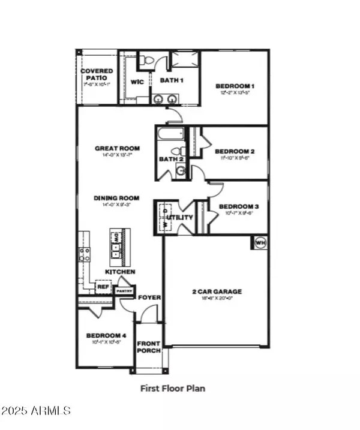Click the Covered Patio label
tap(97, 74)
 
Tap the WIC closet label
tap(137, 82)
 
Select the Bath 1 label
tap(171, 80)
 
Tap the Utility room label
tap(181, 217)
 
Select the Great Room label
tap(117, 148)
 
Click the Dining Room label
tap(116, 198)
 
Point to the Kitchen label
tap(120, 272)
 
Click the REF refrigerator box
tap(102, 287)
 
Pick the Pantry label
tap(124, 290)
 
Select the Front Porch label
tap(148, 347)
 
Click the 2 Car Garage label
tap(217, 291)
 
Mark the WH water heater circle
tap(260, 242)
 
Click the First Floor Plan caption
tap(173, 388)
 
